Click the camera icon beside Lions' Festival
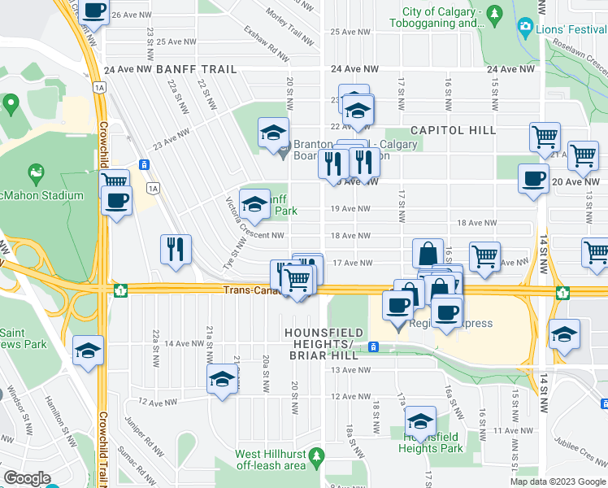(525, 29)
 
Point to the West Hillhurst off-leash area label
(271, 460)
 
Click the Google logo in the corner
(26, 478)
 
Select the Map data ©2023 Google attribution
(557, 481)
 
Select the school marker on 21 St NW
(222, 380)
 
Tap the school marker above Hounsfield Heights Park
(419, 421)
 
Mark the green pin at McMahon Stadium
(36, 172)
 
